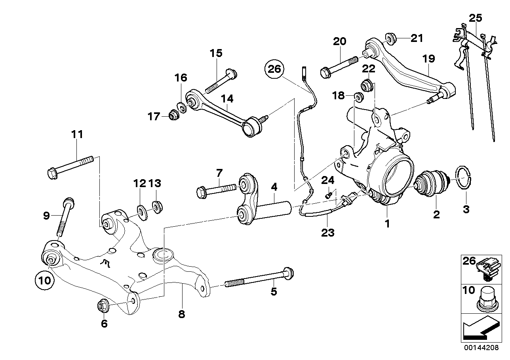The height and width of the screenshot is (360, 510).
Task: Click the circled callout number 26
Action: pyautogui.click(x=274, y=69)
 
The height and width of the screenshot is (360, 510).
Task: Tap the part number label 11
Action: pyautogui.click(x=77, y=134)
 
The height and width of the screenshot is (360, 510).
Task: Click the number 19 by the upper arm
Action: pyautogui.click(x=428, y=59)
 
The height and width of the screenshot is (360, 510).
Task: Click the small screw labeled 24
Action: pyautogui.click(x=328, y=194)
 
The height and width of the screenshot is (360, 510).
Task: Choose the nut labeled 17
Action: pyautogui.click(x=173, y=116)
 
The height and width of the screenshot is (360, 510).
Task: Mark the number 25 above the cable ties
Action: pyautogui.click(x=476, y=18)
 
